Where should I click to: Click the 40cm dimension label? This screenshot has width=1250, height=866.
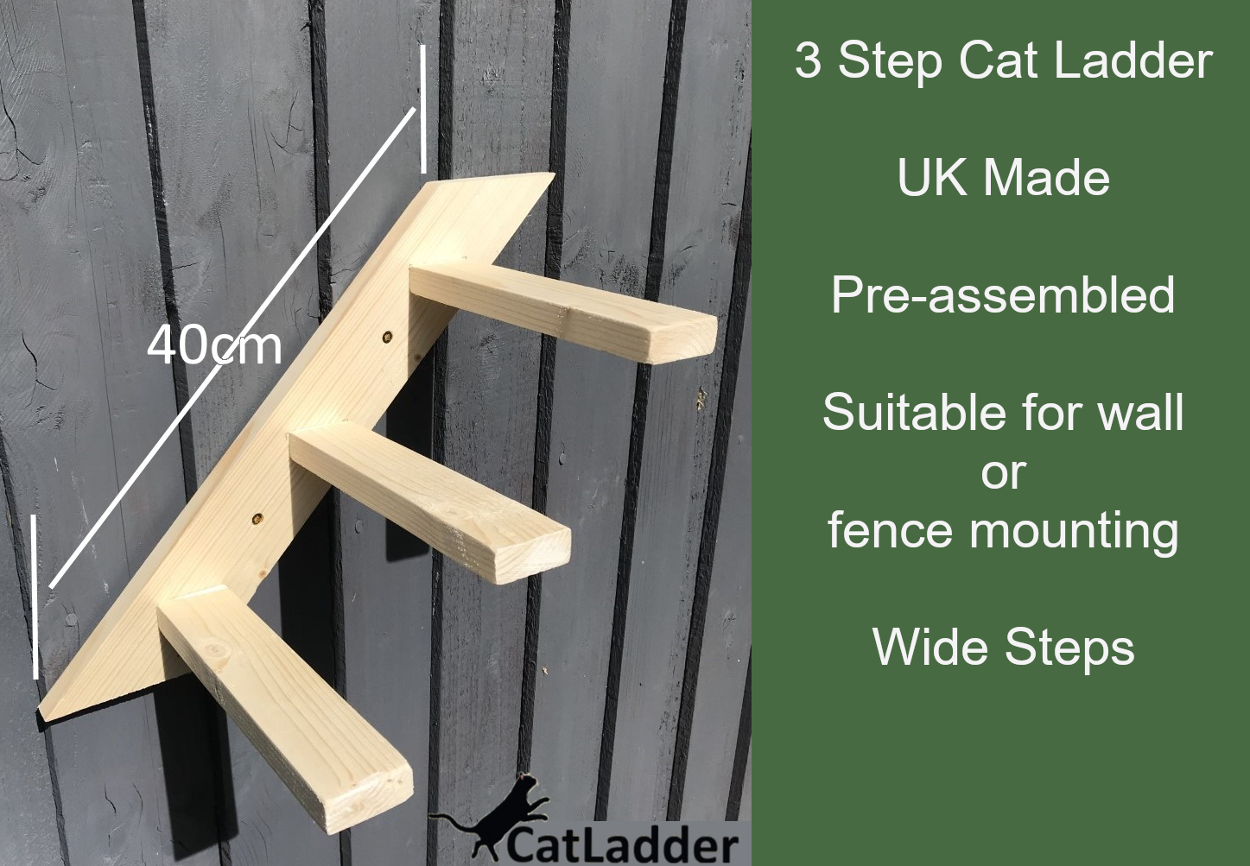[214, 345]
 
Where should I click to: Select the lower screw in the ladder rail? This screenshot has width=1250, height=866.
[257, 519]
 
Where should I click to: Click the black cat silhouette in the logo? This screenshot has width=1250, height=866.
[501, 814]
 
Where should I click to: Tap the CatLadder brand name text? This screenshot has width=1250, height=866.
[622, 844]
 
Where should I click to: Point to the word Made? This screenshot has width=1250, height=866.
[1046, 178]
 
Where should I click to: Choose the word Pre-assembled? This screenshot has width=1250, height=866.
[1003, 295]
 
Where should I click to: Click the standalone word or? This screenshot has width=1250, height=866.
[1003, 472]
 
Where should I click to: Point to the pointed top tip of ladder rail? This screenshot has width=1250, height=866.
[549, 177]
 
